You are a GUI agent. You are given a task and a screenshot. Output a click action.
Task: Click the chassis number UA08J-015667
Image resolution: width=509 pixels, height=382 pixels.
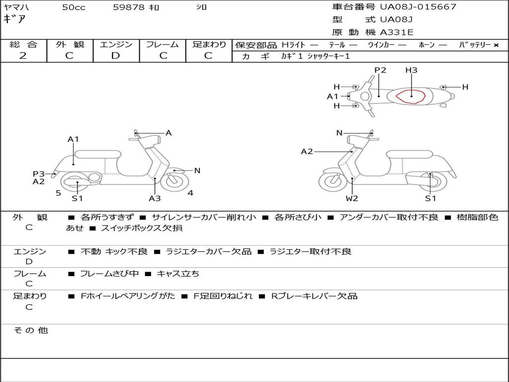(418, 7)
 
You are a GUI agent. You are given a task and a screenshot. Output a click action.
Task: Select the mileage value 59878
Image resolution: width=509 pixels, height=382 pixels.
(129, 7)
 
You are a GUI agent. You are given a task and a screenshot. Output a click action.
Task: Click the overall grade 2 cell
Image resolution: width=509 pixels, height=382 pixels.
(23, 56)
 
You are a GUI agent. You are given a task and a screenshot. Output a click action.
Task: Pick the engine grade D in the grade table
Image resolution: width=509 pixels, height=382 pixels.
(115, 56)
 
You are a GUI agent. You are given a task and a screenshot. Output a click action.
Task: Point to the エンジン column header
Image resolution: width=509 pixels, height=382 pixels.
(116, 45)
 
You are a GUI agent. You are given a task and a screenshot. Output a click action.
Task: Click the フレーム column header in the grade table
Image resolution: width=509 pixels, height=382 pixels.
(163, 45)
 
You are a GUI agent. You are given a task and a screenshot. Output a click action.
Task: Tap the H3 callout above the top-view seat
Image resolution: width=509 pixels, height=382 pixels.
(411, 70)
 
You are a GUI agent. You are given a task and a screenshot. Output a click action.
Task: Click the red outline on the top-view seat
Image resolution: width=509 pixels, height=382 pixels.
(412, 96)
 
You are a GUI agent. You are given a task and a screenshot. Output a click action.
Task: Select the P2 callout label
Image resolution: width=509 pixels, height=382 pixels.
(380, 70)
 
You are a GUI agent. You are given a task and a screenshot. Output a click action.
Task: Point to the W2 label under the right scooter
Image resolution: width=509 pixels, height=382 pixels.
(352, 198)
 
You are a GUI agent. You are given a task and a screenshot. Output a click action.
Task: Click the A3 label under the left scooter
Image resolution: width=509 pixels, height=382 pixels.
(155, 198)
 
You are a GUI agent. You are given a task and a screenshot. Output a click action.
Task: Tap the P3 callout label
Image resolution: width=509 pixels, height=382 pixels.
(39, 174)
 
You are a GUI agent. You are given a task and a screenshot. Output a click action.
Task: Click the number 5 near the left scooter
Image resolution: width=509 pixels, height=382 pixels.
(58, 192)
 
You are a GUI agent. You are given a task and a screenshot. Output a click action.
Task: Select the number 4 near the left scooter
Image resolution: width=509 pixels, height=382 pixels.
(190, 192)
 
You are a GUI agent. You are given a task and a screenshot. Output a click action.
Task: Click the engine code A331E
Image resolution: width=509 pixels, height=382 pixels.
(397, 33)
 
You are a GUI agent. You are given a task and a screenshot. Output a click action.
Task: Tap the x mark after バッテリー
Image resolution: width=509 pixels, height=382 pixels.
(496, 45)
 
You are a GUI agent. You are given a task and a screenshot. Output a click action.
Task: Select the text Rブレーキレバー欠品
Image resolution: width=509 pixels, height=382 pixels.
(314, 296)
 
